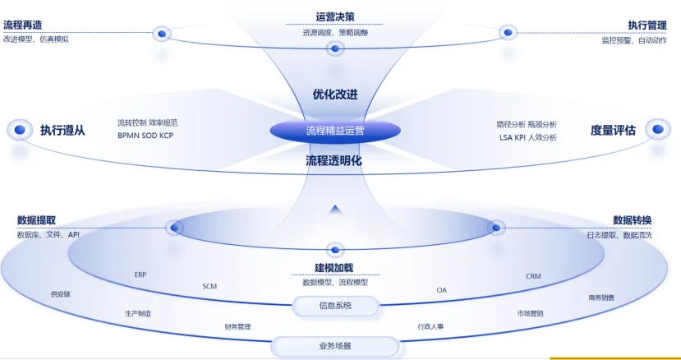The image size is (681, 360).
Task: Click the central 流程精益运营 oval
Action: (x=335, y=130)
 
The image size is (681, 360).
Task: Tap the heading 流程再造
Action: (x=24, y=25)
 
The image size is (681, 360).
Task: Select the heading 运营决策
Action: (x=335, y=17)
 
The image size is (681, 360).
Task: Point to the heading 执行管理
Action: (x=649, y=25)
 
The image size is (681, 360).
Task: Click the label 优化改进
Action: (x=335, y=95)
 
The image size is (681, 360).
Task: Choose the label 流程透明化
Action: (x=334, y=161)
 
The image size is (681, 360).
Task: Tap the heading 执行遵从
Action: (x=62, y=130)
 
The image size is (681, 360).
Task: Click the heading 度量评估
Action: (x=613, y=130)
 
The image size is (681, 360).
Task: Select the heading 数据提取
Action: (x=36, y=220)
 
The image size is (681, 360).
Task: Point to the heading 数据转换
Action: (x=632, y=220)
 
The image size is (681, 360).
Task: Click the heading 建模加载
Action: (x=335, y=269)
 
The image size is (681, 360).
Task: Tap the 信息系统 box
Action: (x=335, y=306)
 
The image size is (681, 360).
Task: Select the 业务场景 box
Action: (x=335, y=346)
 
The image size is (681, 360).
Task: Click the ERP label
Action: (x=140, y=275)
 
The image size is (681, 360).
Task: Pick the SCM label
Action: (x=209, y=286)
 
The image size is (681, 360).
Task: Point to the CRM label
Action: (x=533, y=276)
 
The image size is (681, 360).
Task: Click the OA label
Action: (x=442, y=289)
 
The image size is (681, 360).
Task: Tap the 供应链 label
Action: (x=60, y=293)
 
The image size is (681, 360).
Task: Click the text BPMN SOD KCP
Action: (x=145, y=136)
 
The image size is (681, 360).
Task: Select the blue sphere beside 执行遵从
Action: (x=18, y=130)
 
